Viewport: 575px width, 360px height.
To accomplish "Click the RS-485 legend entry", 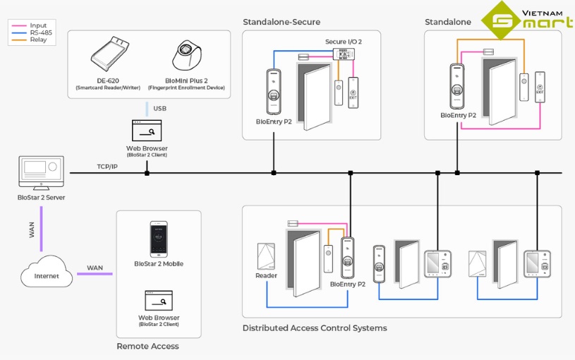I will [x=37, y=32].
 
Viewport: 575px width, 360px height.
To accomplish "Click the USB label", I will [x=159, y=109].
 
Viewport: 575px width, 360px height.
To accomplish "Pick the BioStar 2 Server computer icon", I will [x=41, y=173].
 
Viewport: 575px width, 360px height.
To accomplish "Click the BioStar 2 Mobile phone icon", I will [x=159, y=239].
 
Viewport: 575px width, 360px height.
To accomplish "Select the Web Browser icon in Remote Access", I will [x=158, y=300].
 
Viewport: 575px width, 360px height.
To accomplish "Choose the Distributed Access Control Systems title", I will [x=315, y=328].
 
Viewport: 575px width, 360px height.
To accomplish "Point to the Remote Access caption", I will [x=147, y=347].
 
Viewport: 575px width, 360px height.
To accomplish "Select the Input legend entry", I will [x=37, y=25].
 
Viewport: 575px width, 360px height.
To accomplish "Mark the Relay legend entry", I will [x=37, y=40].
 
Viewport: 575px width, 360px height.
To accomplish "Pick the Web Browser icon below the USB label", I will [x=147, y=131].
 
